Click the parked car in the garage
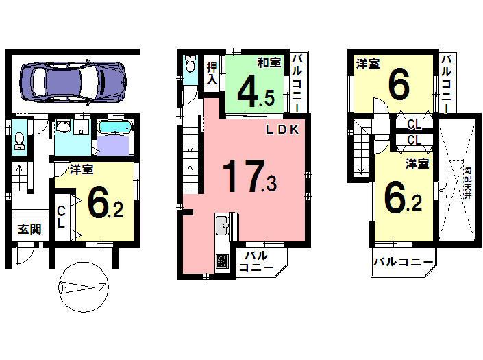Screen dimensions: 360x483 click(73, 80)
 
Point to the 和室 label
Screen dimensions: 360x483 click(269, 63)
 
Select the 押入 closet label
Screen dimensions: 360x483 click(212, 73)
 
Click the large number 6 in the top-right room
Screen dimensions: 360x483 click(399, 87)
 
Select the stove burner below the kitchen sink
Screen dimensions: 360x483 click(223, 261)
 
